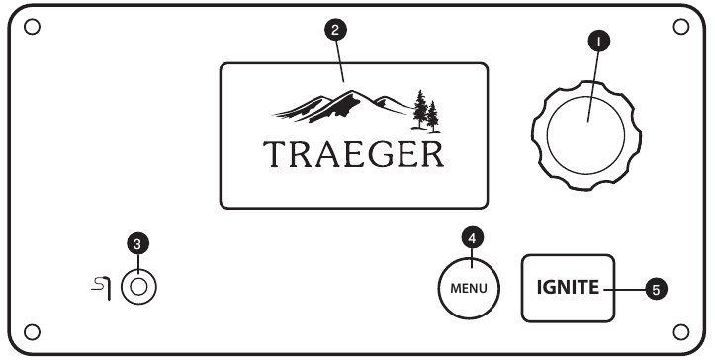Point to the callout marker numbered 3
pos(139,240)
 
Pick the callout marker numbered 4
pos(473,237)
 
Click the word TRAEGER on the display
pos(353,154)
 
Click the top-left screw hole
pos(32,26)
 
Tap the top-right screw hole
pos(680,26)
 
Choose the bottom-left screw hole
pos(32,330)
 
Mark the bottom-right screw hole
pos(680,330)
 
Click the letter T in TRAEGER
pos(274,154)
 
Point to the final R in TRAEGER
pos(432,154)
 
